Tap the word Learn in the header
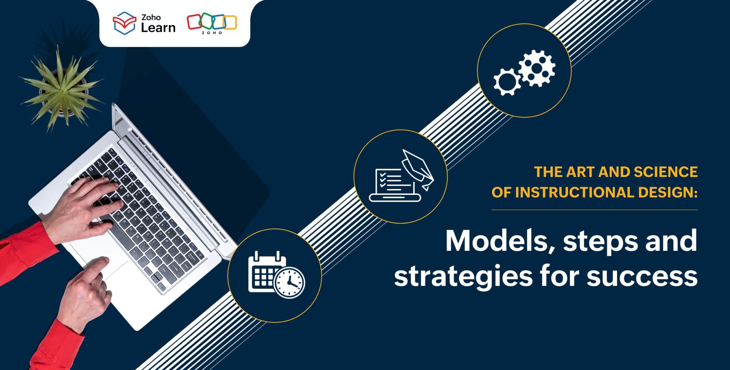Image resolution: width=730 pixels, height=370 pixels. (158, 27)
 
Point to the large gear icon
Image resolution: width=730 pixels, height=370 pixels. (537, 68)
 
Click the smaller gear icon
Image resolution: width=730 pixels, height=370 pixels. (507, 82)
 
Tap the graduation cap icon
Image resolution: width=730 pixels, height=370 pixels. (418, 169)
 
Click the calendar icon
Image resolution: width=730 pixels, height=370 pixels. (266, 271)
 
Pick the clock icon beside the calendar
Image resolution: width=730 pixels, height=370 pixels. (290, 283)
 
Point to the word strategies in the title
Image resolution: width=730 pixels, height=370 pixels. (463, 276)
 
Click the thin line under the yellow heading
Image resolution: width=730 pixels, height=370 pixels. (594, 210)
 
